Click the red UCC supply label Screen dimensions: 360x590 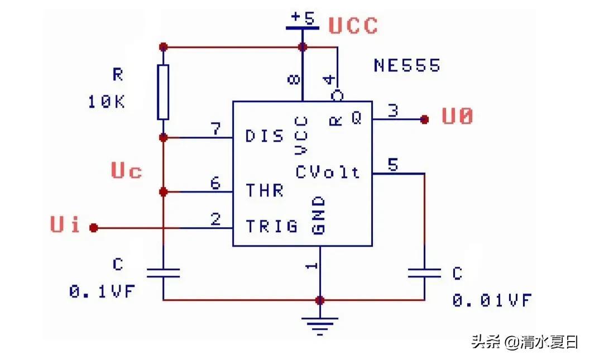[x=353, y=26]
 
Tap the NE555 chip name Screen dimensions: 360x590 [x=407, y=65]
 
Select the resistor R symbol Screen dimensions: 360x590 [x=163, y=92]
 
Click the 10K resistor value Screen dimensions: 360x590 [x=106, y=102]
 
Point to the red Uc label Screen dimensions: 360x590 [x=127, y=171]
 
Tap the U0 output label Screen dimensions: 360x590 [x=458, y=117]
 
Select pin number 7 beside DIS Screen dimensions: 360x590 [x=215, y=129]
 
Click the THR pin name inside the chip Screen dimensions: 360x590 [x=265, y=191]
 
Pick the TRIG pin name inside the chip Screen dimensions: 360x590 [x=272, y=226]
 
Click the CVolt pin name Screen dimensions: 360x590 [x=328, y=172]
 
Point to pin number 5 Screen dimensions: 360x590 [x=393, y=165]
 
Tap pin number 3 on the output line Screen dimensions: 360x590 [x=393, y=110]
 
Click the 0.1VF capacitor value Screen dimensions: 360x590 [x=102, y=291]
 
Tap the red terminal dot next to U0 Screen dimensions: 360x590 [x=425, y=119]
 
